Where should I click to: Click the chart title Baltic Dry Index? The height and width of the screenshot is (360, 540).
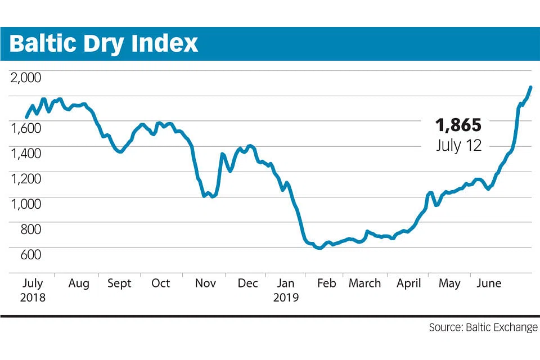104,44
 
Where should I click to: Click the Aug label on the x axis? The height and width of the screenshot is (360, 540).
79,283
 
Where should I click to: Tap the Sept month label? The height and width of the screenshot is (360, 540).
119,283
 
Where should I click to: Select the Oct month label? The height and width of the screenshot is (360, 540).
160,283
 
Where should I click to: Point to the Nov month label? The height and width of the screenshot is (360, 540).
205,283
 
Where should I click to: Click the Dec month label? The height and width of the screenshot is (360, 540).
247,283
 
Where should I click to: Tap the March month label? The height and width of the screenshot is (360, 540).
364,283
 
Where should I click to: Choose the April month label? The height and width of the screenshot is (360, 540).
408,283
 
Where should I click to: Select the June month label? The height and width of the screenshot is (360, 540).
488,283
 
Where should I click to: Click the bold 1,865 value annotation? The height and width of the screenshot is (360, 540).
458,125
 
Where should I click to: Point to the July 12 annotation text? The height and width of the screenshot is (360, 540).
458,146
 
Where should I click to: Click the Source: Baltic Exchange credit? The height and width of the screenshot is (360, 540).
483,327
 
